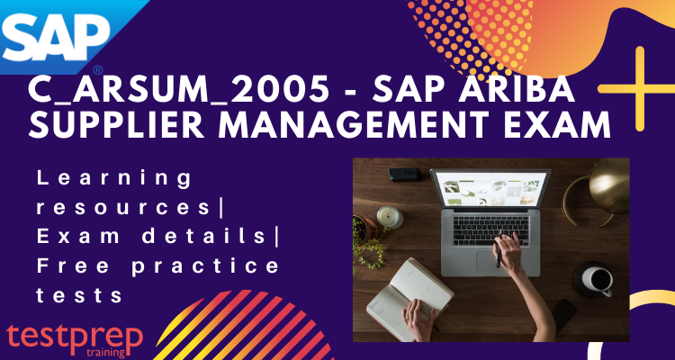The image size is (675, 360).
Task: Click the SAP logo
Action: pyautogui.click(x=55, y=34)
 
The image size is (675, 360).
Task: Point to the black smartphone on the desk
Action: pyautogui.click(x=562, y=315)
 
